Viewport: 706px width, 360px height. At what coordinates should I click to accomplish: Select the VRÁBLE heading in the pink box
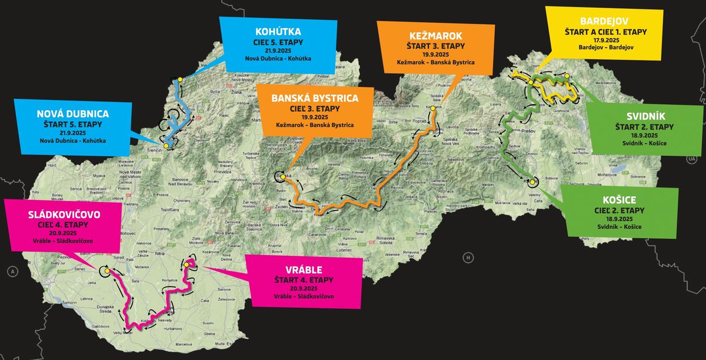[x=304, y=269]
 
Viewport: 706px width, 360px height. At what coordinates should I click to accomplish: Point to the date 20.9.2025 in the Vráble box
[x=304, y=289]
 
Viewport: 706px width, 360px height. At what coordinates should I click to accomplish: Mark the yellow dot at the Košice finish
[x=532, y=182]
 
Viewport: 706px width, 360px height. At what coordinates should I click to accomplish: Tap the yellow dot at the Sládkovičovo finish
[x=107, y=271]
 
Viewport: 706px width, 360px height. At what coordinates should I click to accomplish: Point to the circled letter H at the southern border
[x=468, y=257]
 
